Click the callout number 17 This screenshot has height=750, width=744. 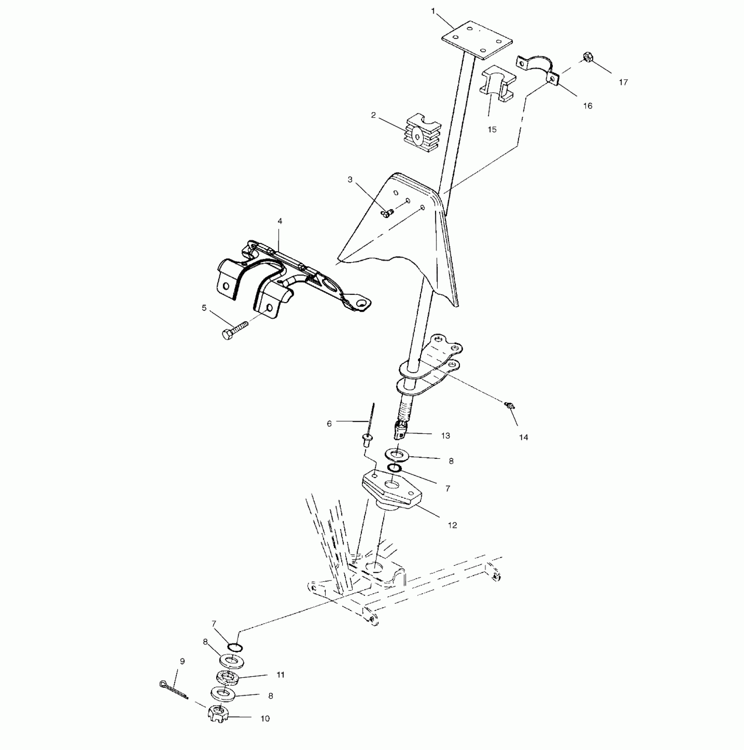(x=623, y=82)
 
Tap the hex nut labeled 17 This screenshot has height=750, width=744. (x=587, y=57)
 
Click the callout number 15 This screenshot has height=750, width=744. (x=492, y=130)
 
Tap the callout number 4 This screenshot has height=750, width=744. (x=280, y=221)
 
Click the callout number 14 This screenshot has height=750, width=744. (x=523, y=437)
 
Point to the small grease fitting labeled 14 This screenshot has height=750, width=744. (x=509, y=406)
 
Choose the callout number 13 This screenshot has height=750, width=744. (x=446, y=436)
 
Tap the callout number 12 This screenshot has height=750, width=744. (x=452, y=525)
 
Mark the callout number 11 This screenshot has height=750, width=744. (x=281, y=675)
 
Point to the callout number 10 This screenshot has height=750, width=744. (x=265, y=731)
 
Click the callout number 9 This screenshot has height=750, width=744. (x=182, y=661)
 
